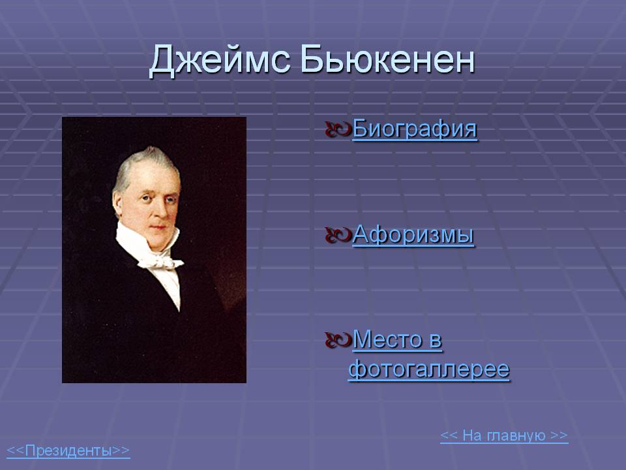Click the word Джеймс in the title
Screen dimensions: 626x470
tap(219, 60)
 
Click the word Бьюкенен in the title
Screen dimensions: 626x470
tap(387, 59)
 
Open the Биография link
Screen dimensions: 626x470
tap(415, 129)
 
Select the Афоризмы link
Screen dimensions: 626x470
tap(413, 234)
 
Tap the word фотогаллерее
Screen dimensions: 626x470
tap(429, 369)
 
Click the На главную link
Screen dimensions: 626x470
tap(504, 435)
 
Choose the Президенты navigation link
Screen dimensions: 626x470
tap(68, 450)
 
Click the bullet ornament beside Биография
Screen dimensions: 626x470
tap(338, 129)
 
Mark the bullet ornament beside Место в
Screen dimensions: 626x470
tap(338, 340)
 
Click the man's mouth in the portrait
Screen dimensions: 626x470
tap(158, 228)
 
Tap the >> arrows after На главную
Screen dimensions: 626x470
tap(559, 435)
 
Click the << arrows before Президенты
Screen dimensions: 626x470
tap(16, 450)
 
